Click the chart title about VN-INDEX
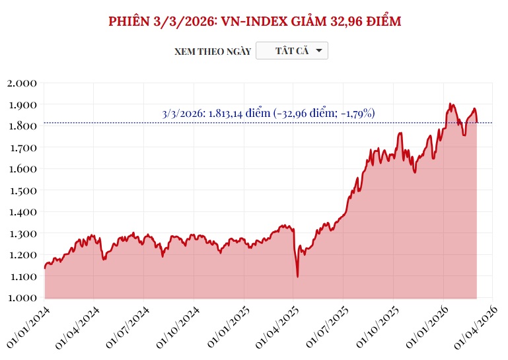(254, 21)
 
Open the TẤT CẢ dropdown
(291, 51)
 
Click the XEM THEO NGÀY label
(213, 52)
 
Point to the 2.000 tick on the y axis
(22, 83)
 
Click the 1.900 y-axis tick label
(22, 104)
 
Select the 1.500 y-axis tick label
(22, 190)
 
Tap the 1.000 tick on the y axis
(22, 298)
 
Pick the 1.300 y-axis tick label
(22, 233)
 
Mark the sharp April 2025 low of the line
(297, 276)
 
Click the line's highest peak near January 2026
(450, 104)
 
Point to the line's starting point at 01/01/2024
(44, 268)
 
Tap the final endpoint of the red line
(477, 123)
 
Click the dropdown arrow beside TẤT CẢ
(318, 51)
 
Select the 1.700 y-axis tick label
(22, 147)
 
